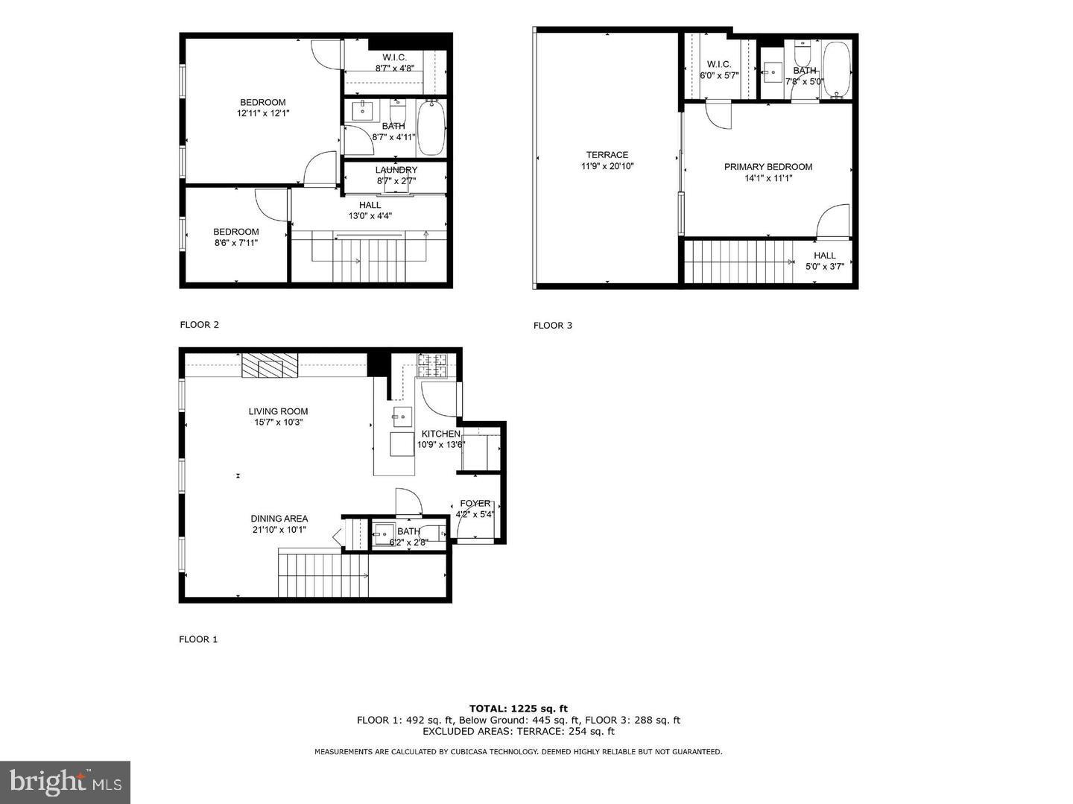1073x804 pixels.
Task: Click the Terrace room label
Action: point(607,155)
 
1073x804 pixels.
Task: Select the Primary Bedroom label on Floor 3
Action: point(767,167)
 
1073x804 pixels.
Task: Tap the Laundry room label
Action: point(396,170)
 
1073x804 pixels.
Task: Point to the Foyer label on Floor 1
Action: point(475,504)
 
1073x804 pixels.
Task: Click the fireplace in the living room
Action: point(269,366)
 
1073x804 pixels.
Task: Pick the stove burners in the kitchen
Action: point(433,364)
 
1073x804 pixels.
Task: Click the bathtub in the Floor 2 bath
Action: point(431,128)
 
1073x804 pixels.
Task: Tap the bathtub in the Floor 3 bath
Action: point(837,69)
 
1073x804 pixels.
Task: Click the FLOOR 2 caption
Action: point(199,325)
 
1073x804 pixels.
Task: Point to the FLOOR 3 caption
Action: point(553,326)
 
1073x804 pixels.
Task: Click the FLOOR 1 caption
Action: point(198,639)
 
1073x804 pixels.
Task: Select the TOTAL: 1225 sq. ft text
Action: point(518,709)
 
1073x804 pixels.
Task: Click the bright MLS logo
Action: point(65,782)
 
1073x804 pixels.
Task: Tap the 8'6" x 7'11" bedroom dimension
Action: point(236,243)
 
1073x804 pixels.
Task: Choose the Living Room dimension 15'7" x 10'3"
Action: point(278,422)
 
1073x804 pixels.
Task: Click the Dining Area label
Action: point(279,519)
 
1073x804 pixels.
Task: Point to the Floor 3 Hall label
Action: point(824,256)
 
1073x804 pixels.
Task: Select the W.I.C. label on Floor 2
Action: point(394,57)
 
